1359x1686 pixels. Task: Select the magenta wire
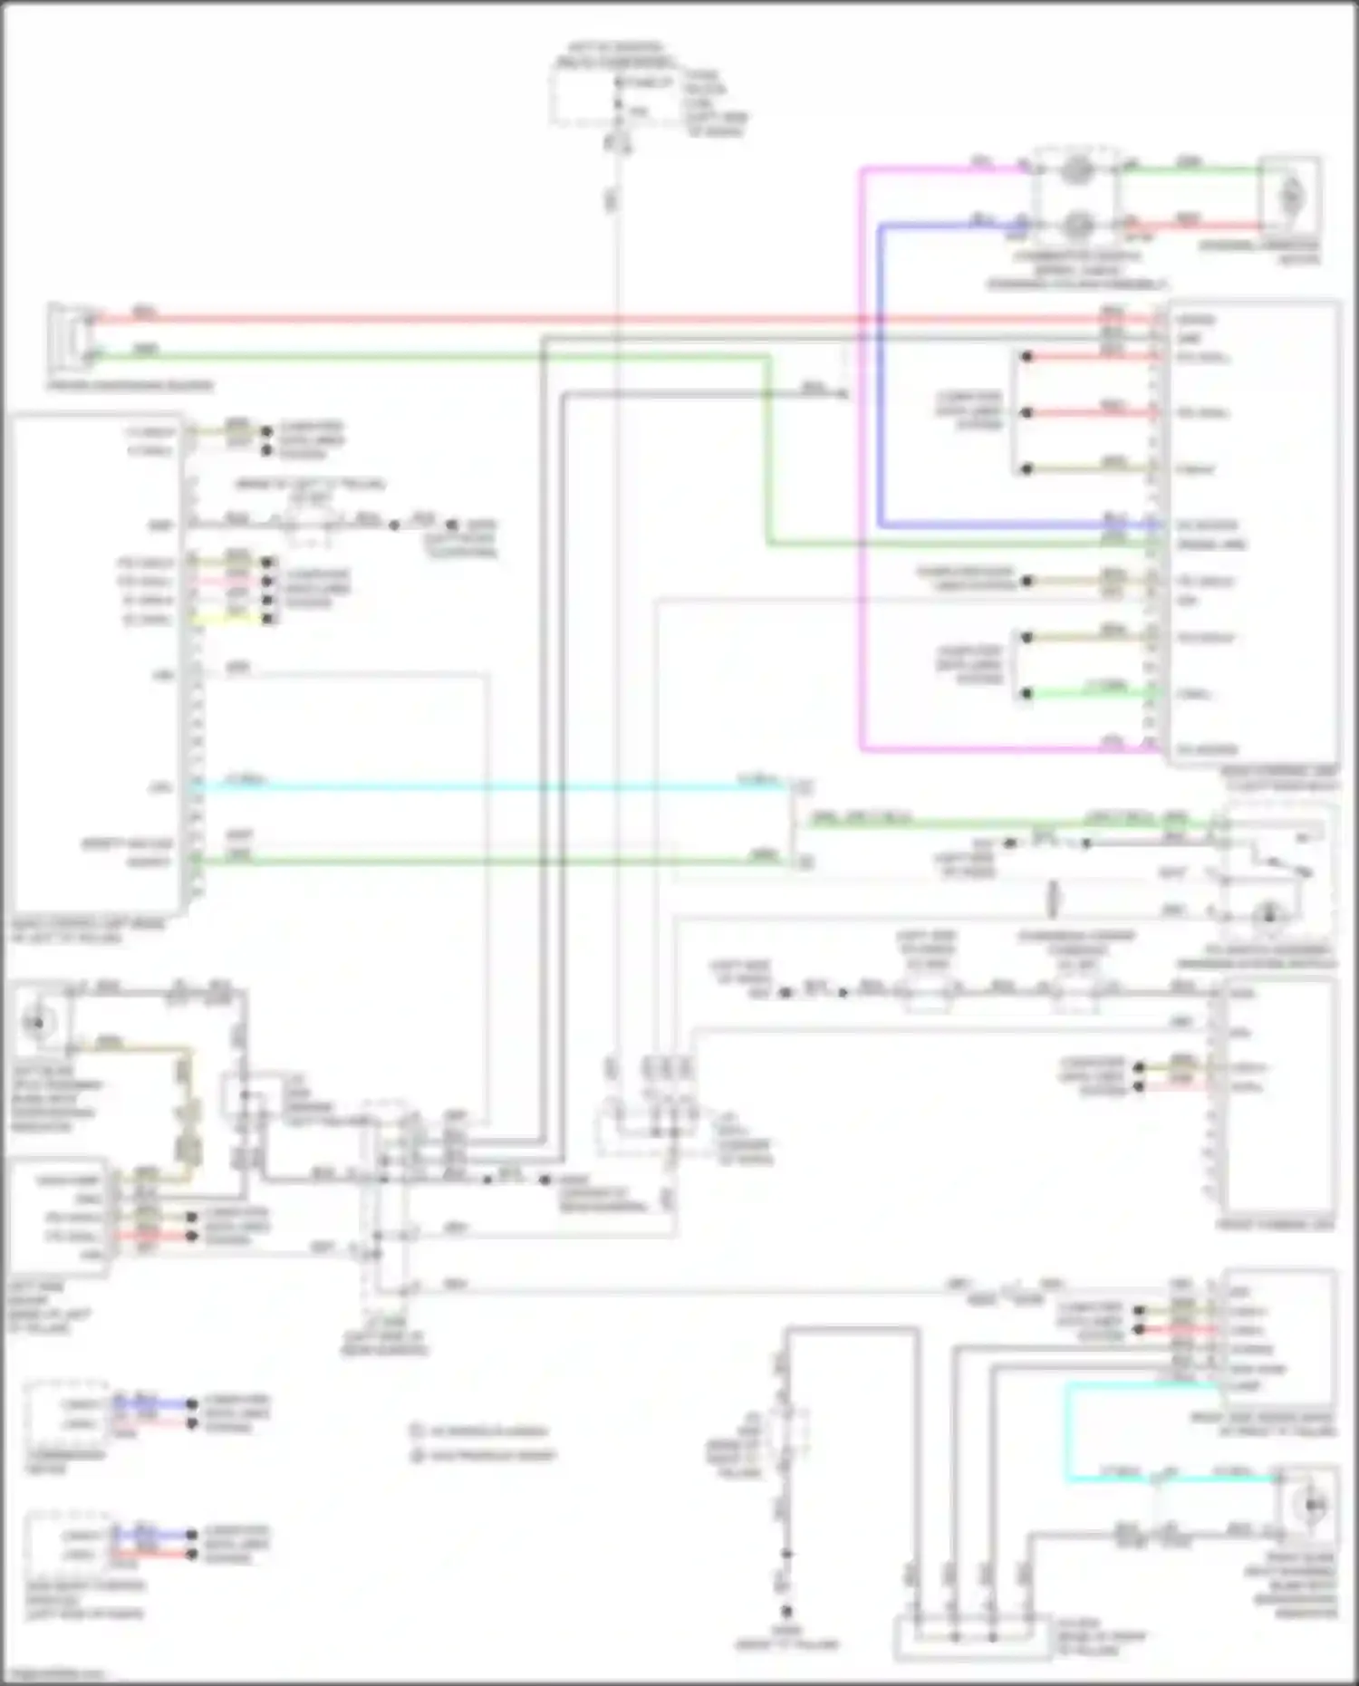click(861, 453)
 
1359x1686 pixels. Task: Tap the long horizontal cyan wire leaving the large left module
click(489, 787)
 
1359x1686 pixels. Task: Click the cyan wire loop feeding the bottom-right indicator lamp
click(1066, 1431)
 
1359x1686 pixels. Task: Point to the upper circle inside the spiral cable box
click(1076, 170)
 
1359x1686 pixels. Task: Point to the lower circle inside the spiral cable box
click(1076, 222)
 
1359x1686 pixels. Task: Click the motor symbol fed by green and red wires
click(1290, 195)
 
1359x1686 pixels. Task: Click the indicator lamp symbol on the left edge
click(38, 1024)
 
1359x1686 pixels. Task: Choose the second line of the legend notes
click(485, 1455)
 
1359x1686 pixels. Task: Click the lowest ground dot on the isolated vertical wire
click(786, 1612)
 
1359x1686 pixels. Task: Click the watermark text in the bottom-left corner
click(54, 1675)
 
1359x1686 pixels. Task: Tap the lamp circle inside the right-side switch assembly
click(1268, 915)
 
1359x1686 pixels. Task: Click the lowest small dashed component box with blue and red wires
click(68, 1545)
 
